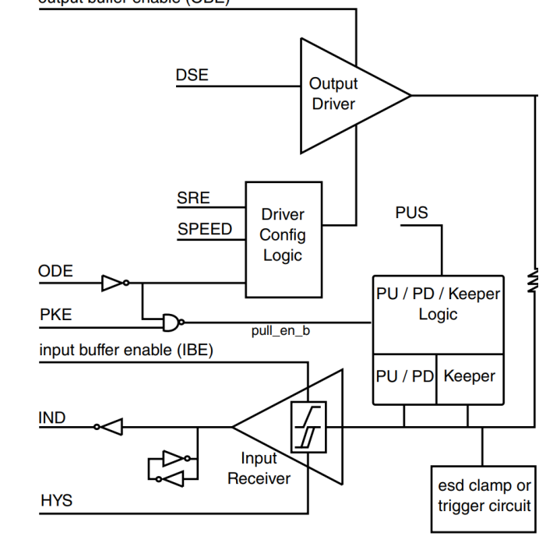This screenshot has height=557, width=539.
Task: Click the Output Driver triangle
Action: pyautogui.click(x=343, y=95)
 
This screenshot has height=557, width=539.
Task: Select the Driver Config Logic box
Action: pyautogui.click(x=283, y=234)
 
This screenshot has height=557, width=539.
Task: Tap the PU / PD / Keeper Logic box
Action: pyautogui.click(x=437, y=304)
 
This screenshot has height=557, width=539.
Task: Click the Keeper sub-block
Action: pyautogui.click(x=469, y=376)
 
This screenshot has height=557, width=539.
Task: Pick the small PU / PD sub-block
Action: pyautogui.click(x=404, y=376)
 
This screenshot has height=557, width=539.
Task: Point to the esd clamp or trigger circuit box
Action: pyautogui.click(x=483, y=497)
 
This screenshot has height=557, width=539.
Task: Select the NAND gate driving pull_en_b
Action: pyautogui.click(x=172, y=320)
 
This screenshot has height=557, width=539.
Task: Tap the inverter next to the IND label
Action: pyautogui.click(x=108, y=426)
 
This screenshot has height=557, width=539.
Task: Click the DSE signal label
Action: pyautogui.click(x=192, y=76)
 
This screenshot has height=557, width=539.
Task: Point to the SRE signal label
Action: pyautogui.click(x=193, y=199)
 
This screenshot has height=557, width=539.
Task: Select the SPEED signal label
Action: pyautogui.click(x=204, y=229)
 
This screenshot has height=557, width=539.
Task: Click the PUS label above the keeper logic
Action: pyautogui.click(x=411, y=213)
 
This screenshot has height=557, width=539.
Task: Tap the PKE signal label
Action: pyautogui.click(x=56, y=315)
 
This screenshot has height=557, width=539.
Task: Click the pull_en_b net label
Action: pyautogui.click(x=280, y=331)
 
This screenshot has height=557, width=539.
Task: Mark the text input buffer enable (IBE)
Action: pyautogui.click(x=125, y=351)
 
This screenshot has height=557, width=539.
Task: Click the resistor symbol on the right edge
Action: pyautogui.click(x=533, y=280)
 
